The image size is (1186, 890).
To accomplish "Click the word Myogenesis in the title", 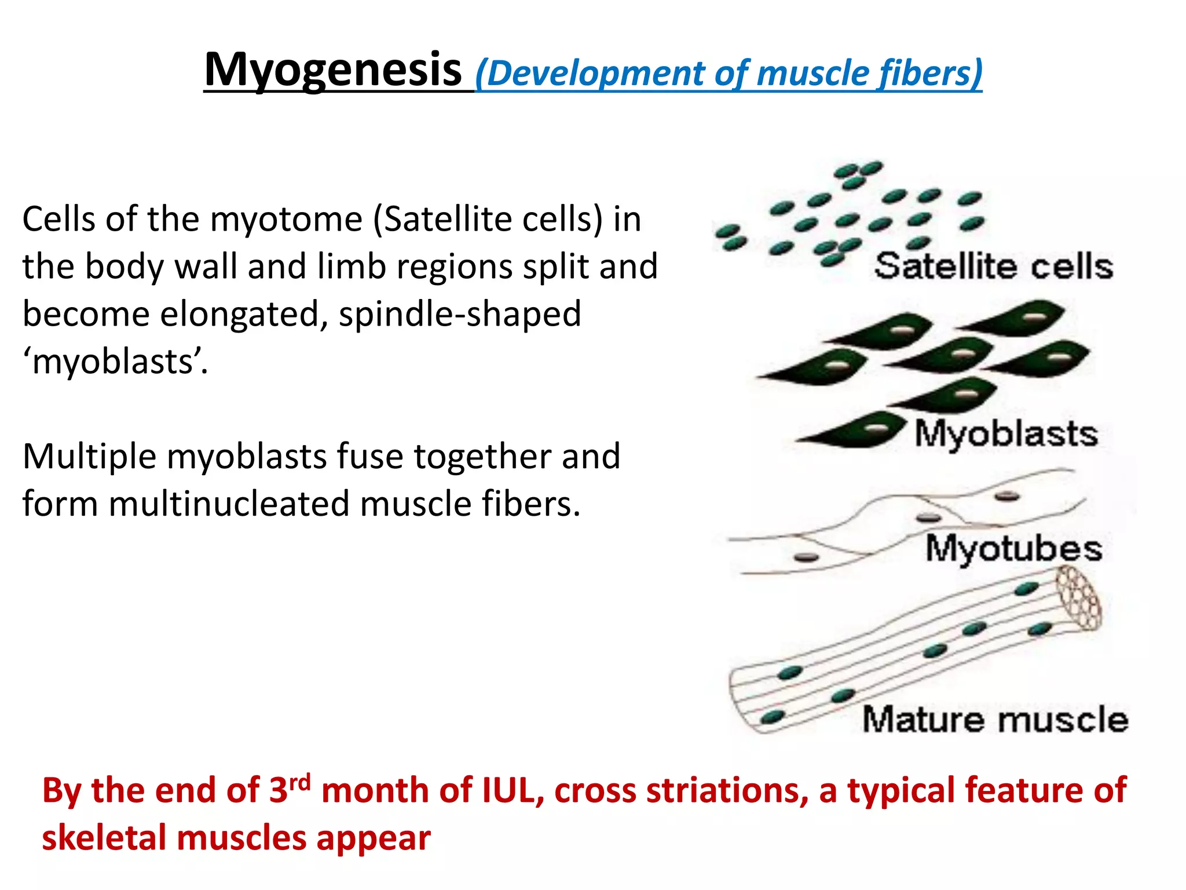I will point(332,70).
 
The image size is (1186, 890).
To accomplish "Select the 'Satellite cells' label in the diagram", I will point(994,267).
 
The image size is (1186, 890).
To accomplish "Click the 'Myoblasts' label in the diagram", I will point(1006,434).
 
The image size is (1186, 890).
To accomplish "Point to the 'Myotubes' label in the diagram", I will point(1013,549).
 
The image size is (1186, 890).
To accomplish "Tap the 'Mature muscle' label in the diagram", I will point(995,720).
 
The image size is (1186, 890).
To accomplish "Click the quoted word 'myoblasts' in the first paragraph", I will point(115,362).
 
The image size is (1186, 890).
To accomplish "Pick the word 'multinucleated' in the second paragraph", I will point(229,504).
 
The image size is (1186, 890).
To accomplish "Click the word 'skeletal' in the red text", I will point(104,838).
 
